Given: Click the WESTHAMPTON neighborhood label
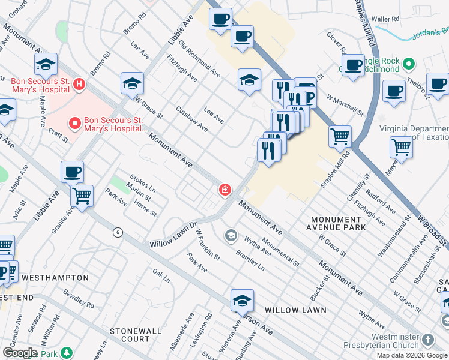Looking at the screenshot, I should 55,278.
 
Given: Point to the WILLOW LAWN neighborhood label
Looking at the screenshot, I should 295,310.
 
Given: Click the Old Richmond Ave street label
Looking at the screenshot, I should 199,61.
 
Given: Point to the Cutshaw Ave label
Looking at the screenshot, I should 191,119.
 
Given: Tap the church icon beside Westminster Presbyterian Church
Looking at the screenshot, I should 427,340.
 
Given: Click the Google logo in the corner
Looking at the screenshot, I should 20,353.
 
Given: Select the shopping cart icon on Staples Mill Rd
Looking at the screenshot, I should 340,137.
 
